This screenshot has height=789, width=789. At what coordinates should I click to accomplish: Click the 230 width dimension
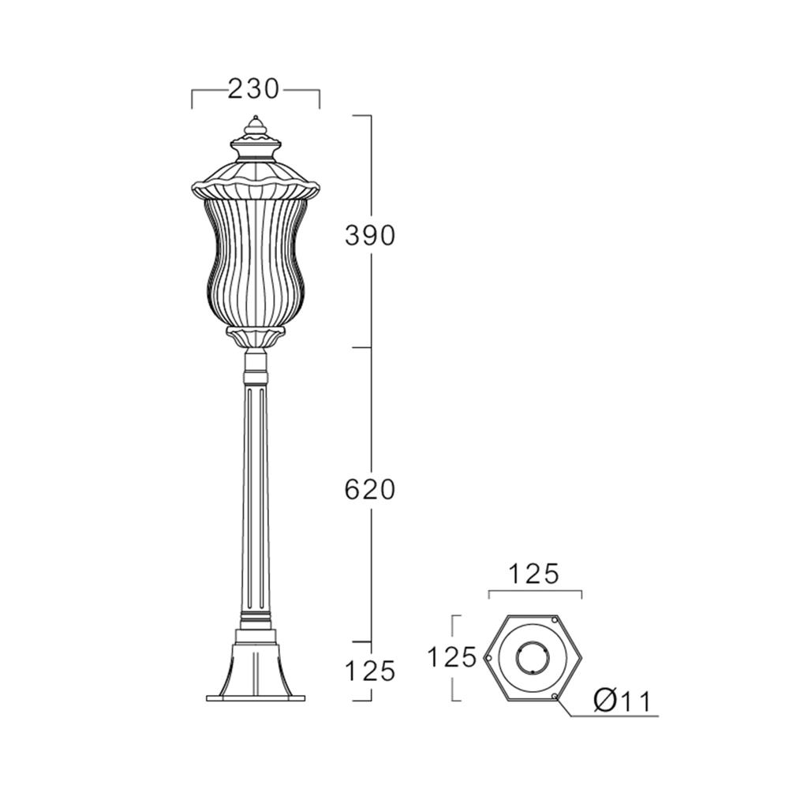[x=253, y=90]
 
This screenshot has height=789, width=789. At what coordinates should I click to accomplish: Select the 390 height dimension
[x=370, y=235]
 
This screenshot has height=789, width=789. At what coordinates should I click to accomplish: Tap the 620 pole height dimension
[x=370, y=490]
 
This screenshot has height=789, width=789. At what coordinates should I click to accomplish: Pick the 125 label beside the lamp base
[x=370, y=671]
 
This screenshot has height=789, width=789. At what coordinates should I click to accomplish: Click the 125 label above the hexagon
[x=534, y=574]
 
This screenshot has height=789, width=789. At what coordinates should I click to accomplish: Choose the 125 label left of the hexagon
[x=451, y=656]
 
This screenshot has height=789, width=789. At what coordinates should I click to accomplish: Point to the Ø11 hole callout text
[x=623, y=701]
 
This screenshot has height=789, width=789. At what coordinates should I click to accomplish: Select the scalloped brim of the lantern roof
[x=256, y=189]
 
